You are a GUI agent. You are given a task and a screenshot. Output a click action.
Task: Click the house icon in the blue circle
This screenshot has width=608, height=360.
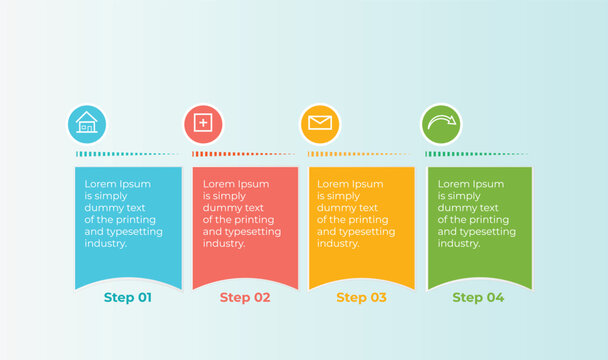tap(87, 123)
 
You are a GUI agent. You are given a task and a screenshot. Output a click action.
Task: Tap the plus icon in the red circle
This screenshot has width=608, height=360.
tap(203, 123)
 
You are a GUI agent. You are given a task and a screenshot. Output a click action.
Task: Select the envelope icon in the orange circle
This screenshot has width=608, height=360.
tap(319, 123)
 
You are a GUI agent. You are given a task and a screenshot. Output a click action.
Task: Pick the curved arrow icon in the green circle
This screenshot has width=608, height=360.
tap(440, 123)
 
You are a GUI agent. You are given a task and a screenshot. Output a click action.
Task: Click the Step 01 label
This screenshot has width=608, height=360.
tap(128, 297)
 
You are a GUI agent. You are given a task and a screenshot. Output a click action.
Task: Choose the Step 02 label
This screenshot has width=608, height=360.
tap(245, 297)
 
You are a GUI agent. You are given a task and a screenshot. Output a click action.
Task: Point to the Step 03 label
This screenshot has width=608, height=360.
tap(361, 297)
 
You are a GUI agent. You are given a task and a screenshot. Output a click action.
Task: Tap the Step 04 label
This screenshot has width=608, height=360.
tap(478, 297)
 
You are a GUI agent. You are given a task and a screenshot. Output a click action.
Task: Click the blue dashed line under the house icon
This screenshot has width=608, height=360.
tap(128, 154)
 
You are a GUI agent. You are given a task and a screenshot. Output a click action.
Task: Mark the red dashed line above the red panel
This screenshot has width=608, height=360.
tap(245, 154)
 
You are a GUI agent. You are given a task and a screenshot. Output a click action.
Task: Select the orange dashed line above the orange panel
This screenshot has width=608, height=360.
tap(361, 154)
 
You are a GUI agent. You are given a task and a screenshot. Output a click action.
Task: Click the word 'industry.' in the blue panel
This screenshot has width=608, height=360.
tap(106, 244)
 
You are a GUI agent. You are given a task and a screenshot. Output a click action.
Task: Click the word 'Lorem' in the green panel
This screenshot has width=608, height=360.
tap(453, 184)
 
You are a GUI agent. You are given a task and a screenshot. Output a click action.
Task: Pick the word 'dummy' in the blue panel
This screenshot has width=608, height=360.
tap(101, 208)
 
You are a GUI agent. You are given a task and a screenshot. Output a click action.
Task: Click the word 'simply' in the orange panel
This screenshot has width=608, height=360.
tap(345, 196)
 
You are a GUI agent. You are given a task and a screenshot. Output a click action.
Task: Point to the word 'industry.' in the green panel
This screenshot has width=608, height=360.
tap(459, 244)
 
